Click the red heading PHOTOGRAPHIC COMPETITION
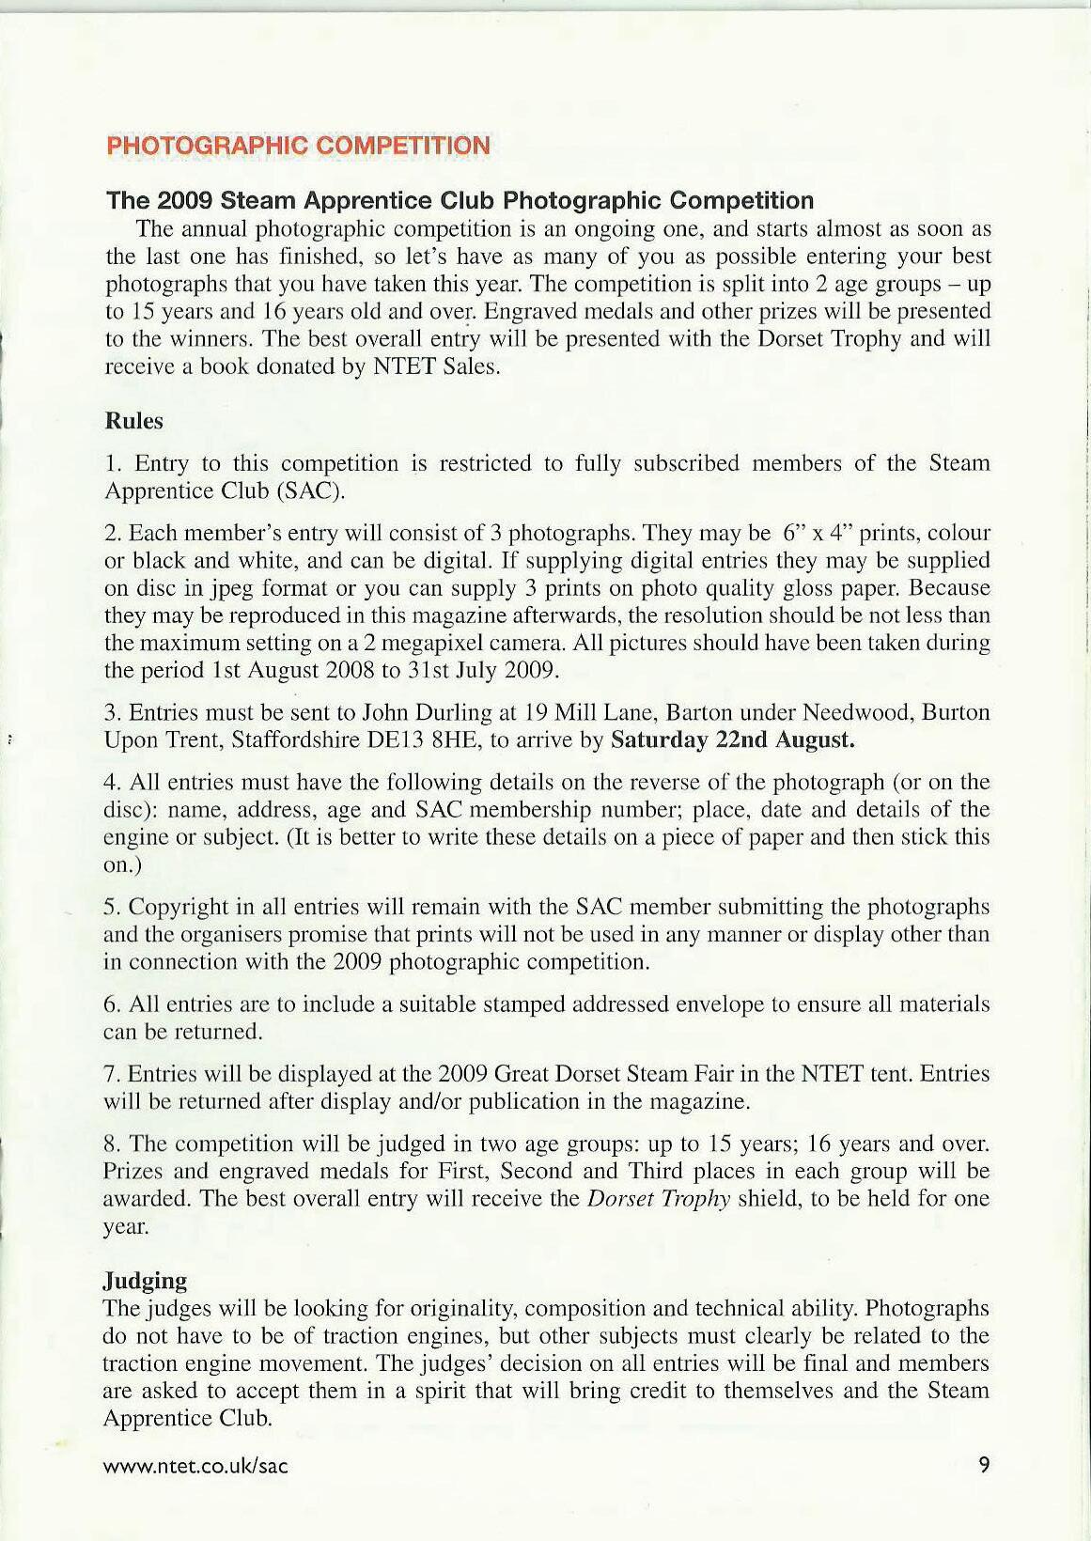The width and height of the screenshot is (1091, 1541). (298, 146)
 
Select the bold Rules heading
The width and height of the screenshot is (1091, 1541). (133, 421)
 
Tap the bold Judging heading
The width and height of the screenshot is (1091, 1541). (145, 1281)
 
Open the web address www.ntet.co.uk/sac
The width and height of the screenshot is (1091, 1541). (195, 1466)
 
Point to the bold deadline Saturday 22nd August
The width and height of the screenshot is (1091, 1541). (733, 739)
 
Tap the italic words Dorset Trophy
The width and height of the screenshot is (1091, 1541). (658, 1199)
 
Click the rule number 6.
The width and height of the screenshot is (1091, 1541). (110, 1004)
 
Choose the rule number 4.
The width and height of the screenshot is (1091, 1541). (110, 782)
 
